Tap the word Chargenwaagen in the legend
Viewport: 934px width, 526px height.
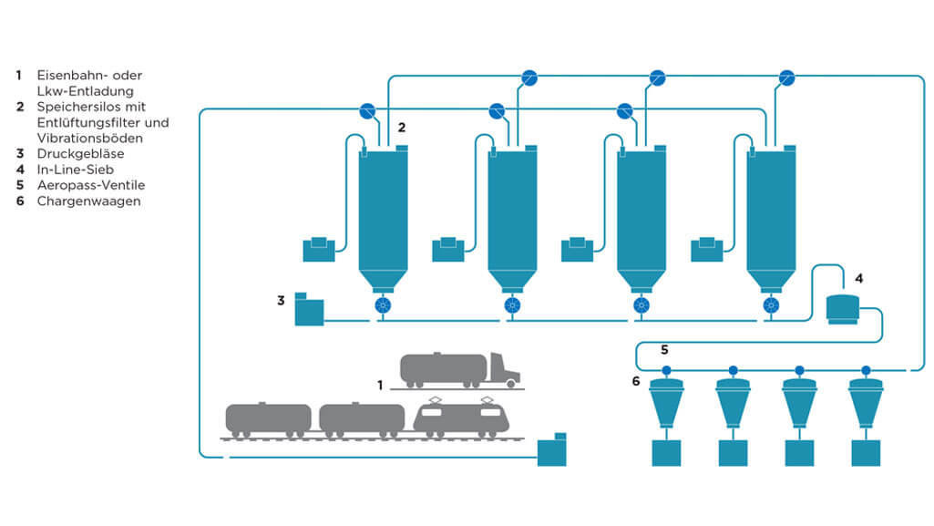[88, 201]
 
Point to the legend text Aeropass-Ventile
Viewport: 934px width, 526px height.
[90, 185]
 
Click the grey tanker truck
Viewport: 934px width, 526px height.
[459, 368]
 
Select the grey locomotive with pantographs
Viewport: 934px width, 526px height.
[460, 417]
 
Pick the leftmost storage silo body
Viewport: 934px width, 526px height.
[384, 210]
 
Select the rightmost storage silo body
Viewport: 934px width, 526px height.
[771, 210]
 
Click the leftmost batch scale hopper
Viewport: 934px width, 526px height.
[666, 402]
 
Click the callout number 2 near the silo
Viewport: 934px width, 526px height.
[401, 127]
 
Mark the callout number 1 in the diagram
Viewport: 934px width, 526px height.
[380, 386]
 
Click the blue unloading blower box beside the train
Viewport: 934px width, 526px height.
[551, 450]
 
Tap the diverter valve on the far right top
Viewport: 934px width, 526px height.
[787, 77]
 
